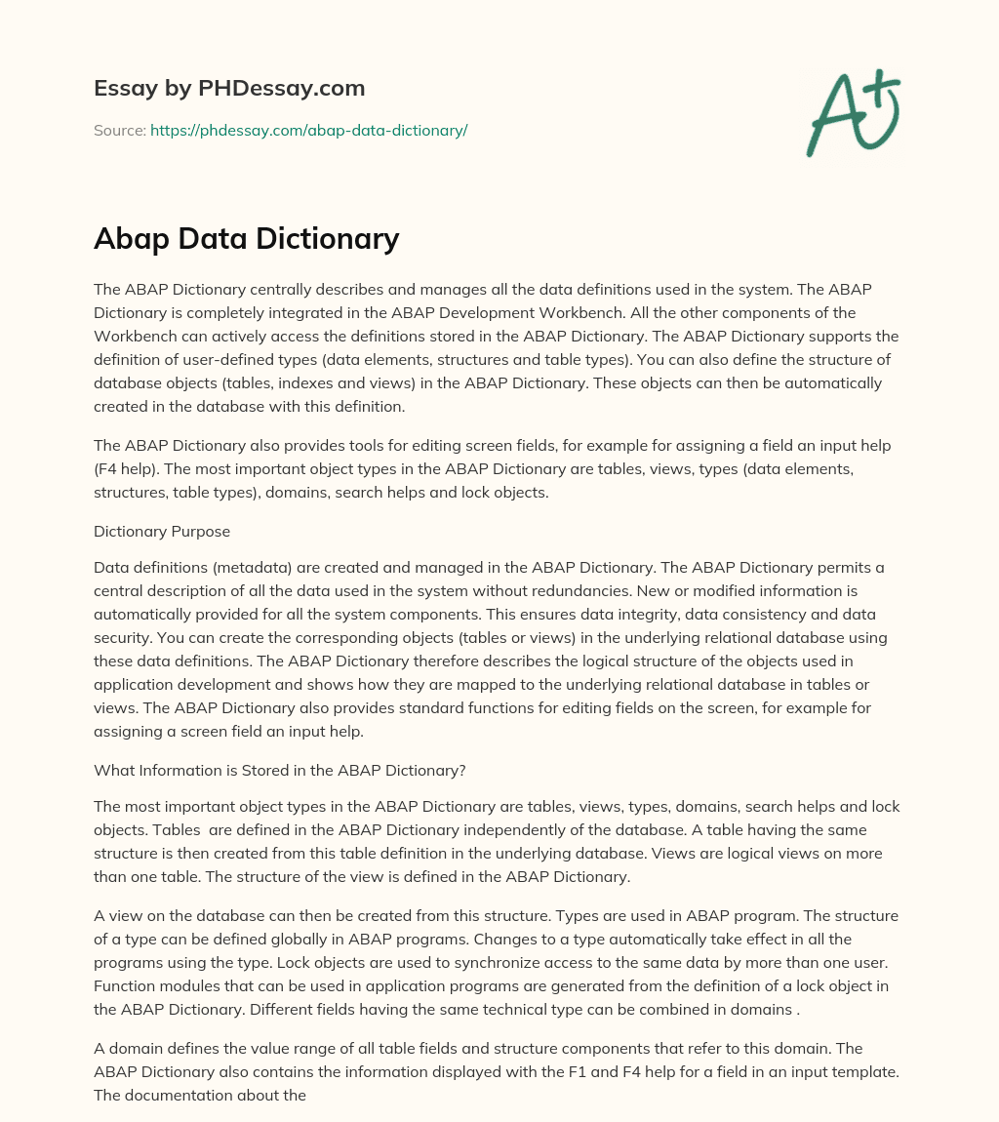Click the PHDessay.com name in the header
(282, 89)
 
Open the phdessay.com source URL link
(308, 130)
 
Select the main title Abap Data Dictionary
(246, 239)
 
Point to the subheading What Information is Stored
(279, 770)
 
